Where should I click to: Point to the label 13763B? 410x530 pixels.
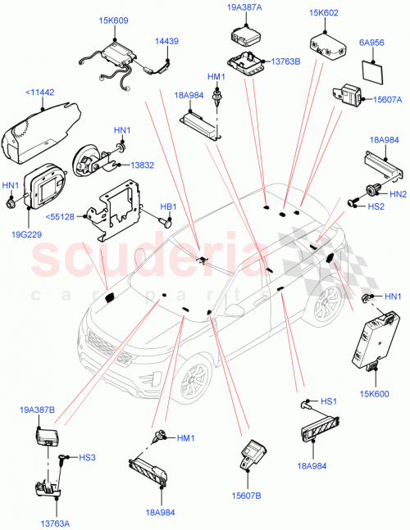(285, 61)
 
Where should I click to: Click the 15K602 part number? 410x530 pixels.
(326, 13)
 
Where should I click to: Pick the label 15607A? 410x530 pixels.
(377, 100)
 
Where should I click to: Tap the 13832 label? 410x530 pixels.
(141, 164)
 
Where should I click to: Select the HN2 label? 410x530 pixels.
(397, 194)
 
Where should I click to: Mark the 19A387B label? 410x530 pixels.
(37, 409)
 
